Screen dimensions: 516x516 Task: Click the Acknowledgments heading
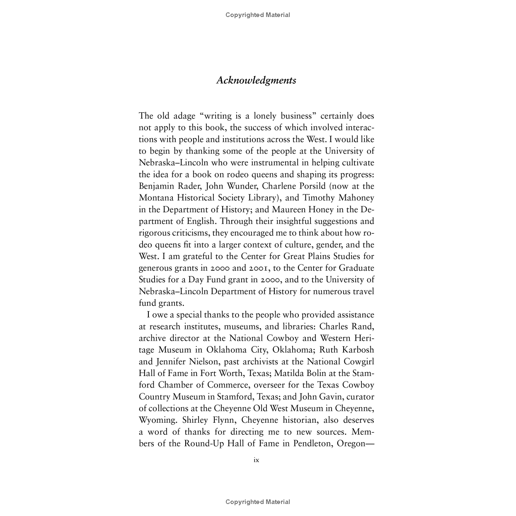256,80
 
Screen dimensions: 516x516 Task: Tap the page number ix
256,460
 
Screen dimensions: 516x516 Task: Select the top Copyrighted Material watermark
257,15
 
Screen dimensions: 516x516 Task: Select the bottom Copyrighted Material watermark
257,502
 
